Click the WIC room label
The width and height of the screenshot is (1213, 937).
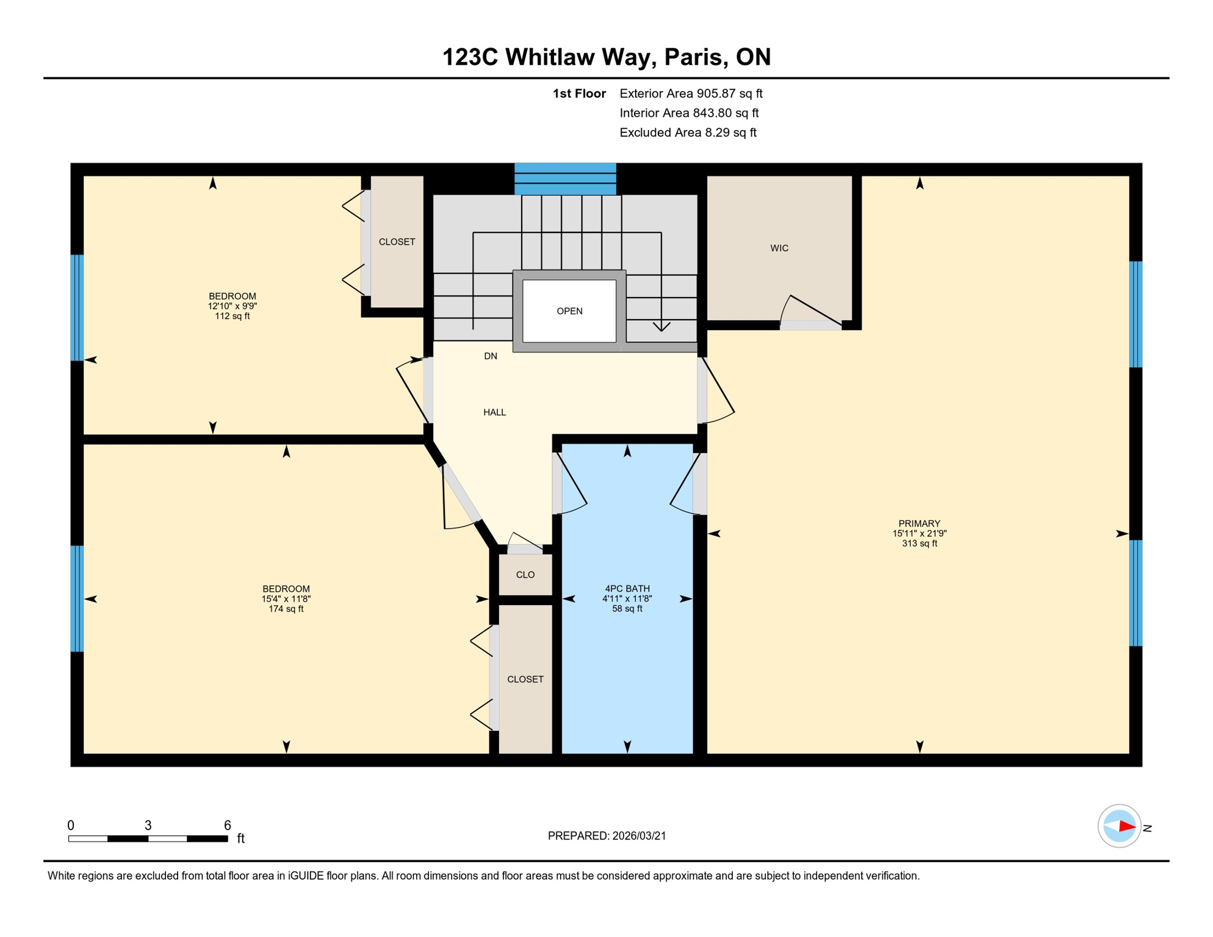click(779, 248)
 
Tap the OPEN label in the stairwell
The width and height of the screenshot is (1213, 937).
click(569, 311)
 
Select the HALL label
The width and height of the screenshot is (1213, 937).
click(494, 412)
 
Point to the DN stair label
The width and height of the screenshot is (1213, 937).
click(491, 356)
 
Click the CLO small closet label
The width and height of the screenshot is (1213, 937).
click(525, 575)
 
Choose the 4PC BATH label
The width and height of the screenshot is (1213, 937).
click(627, 589)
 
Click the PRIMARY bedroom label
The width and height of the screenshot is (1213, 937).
click(919, 523)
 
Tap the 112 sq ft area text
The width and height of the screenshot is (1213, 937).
click(232, 316)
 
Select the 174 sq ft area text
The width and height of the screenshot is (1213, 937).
click(286, 609)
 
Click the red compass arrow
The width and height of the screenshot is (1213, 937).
click(1126, 827)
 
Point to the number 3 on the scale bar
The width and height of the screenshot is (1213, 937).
click(148, 825)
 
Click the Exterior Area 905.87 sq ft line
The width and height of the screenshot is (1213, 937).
click(691, 93)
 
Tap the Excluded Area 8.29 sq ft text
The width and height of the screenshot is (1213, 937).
click(688, 132)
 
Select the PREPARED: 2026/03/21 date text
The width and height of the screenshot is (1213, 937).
click(606, 836)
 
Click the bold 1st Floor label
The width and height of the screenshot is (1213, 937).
click(579, 93)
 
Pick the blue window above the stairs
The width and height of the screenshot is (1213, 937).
click(565, 179)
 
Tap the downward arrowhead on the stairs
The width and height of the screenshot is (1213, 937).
click(661, 327)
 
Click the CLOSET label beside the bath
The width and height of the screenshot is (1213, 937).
click(525, 679)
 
